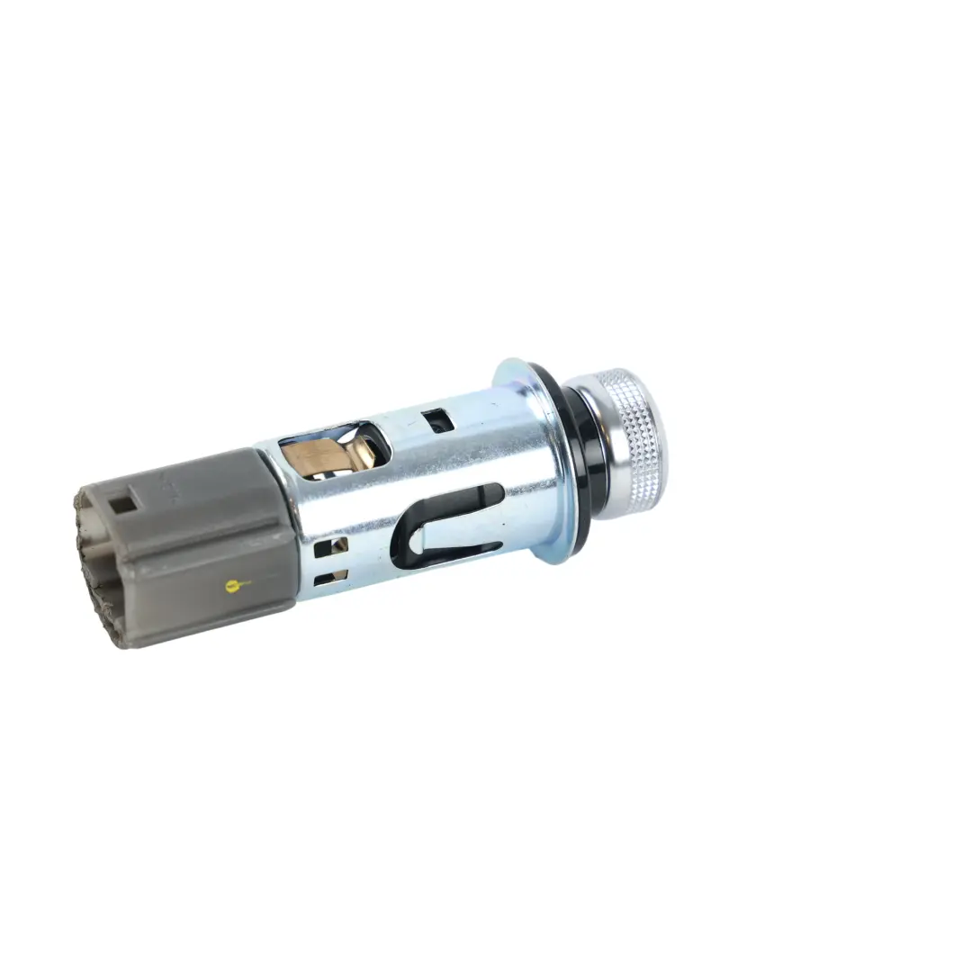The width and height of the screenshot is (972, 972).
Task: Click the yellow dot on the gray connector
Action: pyautogui.click(x=234, y=586)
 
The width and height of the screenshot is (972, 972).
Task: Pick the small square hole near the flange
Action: pyautogui.click(x=438, y=420)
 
